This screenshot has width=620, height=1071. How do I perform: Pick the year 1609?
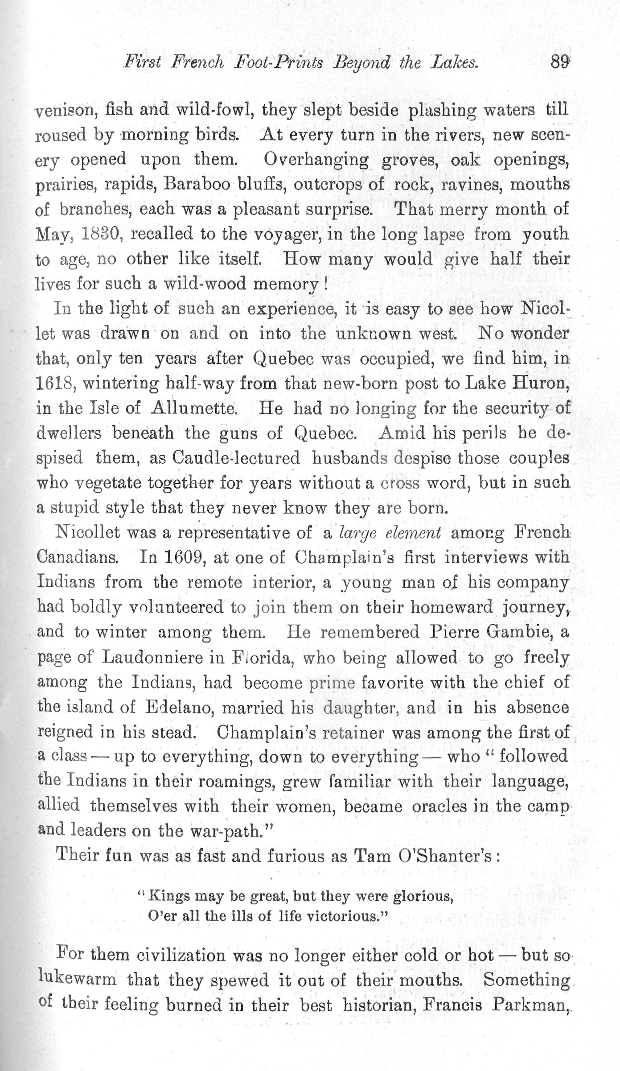pos(185,557)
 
